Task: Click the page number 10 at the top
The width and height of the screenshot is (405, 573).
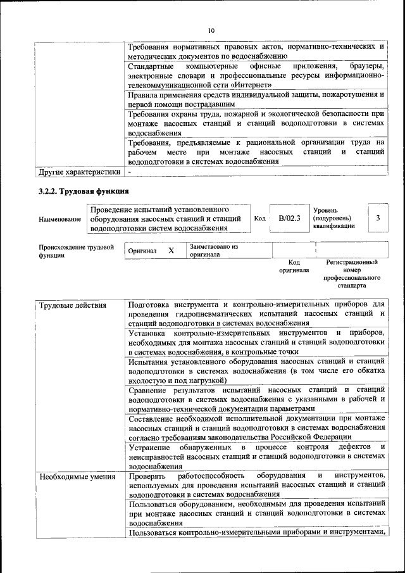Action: click(211, 30)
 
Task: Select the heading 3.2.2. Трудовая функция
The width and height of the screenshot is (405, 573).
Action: click(84, 191)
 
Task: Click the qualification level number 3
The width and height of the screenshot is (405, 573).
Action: click(378, 218)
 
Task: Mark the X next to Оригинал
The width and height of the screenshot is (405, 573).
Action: click(171, 251)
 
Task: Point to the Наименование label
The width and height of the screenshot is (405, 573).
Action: click(59, 219)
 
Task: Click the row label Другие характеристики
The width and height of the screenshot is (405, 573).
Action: click(79, 172)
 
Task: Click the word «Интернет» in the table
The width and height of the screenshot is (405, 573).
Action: click(253, 85)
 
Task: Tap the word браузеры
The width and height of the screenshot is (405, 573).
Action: click(366, 66)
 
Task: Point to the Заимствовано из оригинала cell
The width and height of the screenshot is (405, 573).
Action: click(213, 250)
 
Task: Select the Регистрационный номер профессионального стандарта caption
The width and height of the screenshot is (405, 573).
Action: click(352, 274)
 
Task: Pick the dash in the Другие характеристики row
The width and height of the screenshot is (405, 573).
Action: click(130, 172)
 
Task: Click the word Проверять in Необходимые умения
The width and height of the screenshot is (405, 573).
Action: click(147, 475)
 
